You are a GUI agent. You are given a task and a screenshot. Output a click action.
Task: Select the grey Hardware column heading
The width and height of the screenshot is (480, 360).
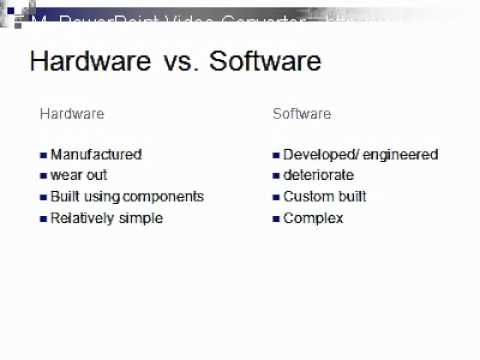coord(71,114)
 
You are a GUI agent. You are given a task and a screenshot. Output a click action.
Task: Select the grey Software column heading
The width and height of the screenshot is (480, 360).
coord(302,114)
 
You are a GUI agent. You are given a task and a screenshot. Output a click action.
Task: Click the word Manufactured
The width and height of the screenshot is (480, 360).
coord(96,155)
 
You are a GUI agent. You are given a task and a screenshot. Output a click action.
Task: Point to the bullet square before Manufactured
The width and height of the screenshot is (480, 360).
coord(43,155)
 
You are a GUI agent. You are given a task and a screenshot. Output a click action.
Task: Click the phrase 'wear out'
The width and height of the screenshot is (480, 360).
coord(79,176)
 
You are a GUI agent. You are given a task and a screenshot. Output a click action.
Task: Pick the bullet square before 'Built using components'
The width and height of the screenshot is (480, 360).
coord(43,197)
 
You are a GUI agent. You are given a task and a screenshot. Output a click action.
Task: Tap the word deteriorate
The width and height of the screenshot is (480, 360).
coord(319,176)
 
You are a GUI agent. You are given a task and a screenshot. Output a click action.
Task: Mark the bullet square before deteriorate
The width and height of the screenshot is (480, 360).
coord(276,176)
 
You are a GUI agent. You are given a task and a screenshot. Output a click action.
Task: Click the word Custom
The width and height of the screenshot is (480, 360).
coord(307,197)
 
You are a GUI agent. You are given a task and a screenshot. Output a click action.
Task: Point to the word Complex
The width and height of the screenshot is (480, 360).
coord(313,218)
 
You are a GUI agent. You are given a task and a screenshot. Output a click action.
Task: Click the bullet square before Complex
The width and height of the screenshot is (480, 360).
coord(276,218)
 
